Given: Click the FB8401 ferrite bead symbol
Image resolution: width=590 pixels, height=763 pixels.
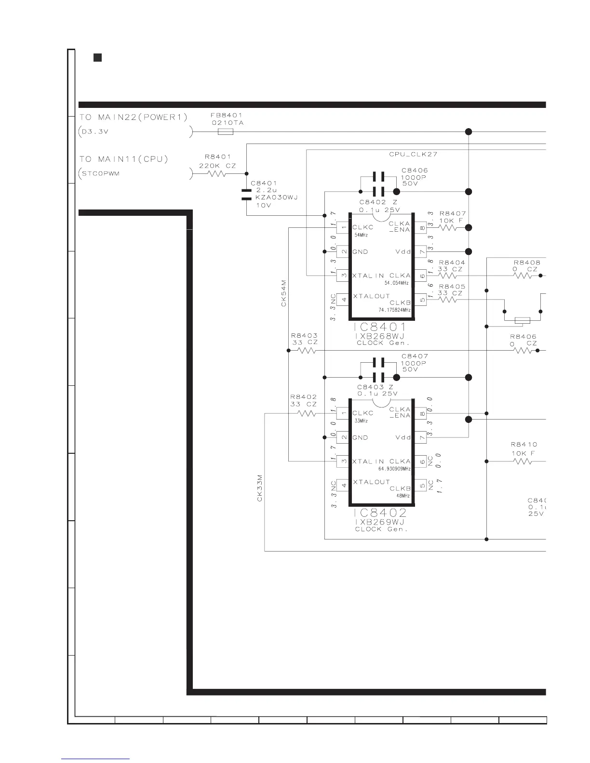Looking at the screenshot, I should coord(226,132).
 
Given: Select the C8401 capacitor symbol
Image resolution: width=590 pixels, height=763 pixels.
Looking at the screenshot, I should coord(246,194).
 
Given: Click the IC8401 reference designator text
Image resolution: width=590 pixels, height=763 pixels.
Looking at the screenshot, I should coord(380,328).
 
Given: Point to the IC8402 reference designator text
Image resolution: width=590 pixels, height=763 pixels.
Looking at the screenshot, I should coord(380,513).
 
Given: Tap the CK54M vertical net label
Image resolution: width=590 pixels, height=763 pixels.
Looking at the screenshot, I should coord(284,293).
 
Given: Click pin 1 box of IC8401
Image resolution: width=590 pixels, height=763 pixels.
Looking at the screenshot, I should coord(342,227).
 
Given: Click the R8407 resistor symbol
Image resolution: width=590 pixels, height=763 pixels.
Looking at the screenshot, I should coord(448,227).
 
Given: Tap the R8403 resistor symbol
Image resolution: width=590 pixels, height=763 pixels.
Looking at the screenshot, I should coord(307,351).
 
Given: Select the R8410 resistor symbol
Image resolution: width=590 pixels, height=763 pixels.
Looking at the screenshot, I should coord(523,461).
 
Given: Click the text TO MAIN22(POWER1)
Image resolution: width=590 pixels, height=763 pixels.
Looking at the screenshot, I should coord(133,117).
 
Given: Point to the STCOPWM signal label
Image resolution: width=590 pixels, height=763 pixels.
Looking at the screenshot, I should coord(100,173).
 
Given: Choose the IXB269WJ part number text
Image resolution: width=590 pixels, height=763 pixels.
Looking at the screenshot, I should coord(380,522).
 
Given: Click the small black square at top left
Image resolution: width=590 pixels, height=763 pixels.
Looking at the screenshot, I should coord(97,58).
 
